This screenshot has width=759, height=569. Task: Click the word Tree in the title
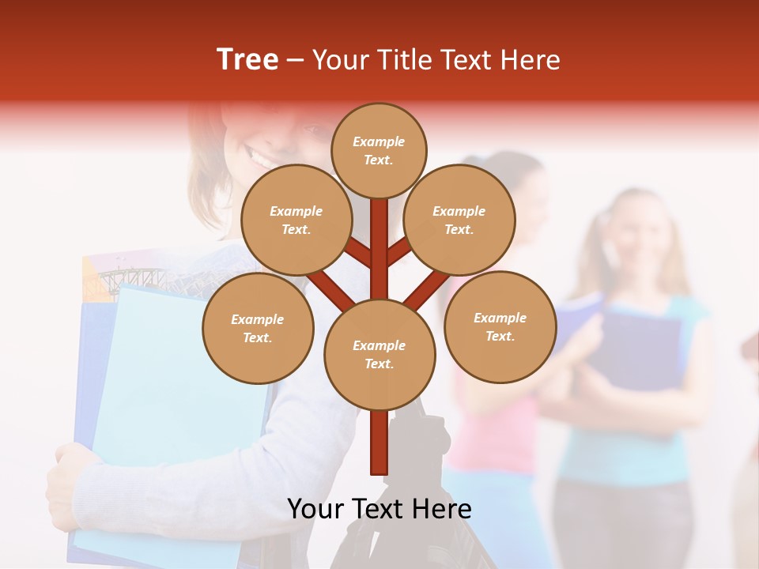point(247,60)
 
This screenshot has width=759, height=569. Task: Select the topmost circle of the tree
point(379,150)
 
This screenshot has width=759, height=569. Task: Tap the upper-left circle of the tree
point(296,220)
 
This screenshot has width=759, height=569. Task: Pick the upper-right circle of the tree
point(459,220)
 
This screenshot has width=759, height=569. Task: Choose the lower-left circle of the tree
point(258,328)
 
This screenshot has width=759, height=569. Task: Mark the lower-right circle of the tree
point(500,326)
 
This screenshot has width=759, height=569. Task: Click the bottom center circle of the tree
point(379,354)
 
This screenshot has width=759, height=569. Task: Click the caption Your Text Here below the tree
point(379,509)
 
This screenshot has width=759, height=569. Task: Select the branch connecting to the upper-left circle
point(357,251)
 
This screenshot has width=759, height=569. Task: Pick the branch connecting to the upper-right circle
point(400,251)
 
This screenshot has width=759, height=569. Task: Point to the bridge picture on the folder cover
point(130,277)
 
